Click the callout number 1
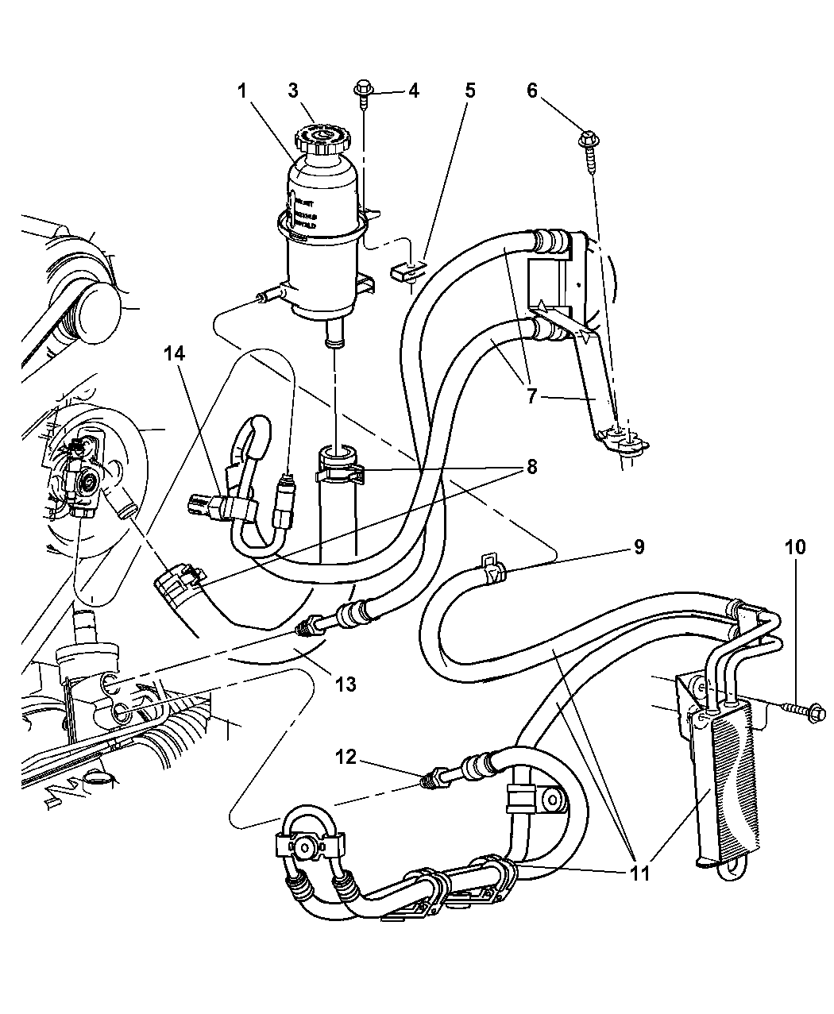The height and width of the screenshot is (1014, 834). pos(242,92)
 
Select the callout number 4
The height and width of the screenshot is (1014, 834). pos(413,91)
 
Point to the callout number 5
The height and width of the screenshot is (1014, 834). pos(469,91)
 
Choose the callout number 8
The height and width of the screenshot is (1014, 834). pos(531,466)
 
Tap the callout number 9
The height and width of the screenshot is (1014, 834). pos(638,547)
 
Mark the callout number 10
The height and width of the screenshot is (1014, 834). pos(795,547)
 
